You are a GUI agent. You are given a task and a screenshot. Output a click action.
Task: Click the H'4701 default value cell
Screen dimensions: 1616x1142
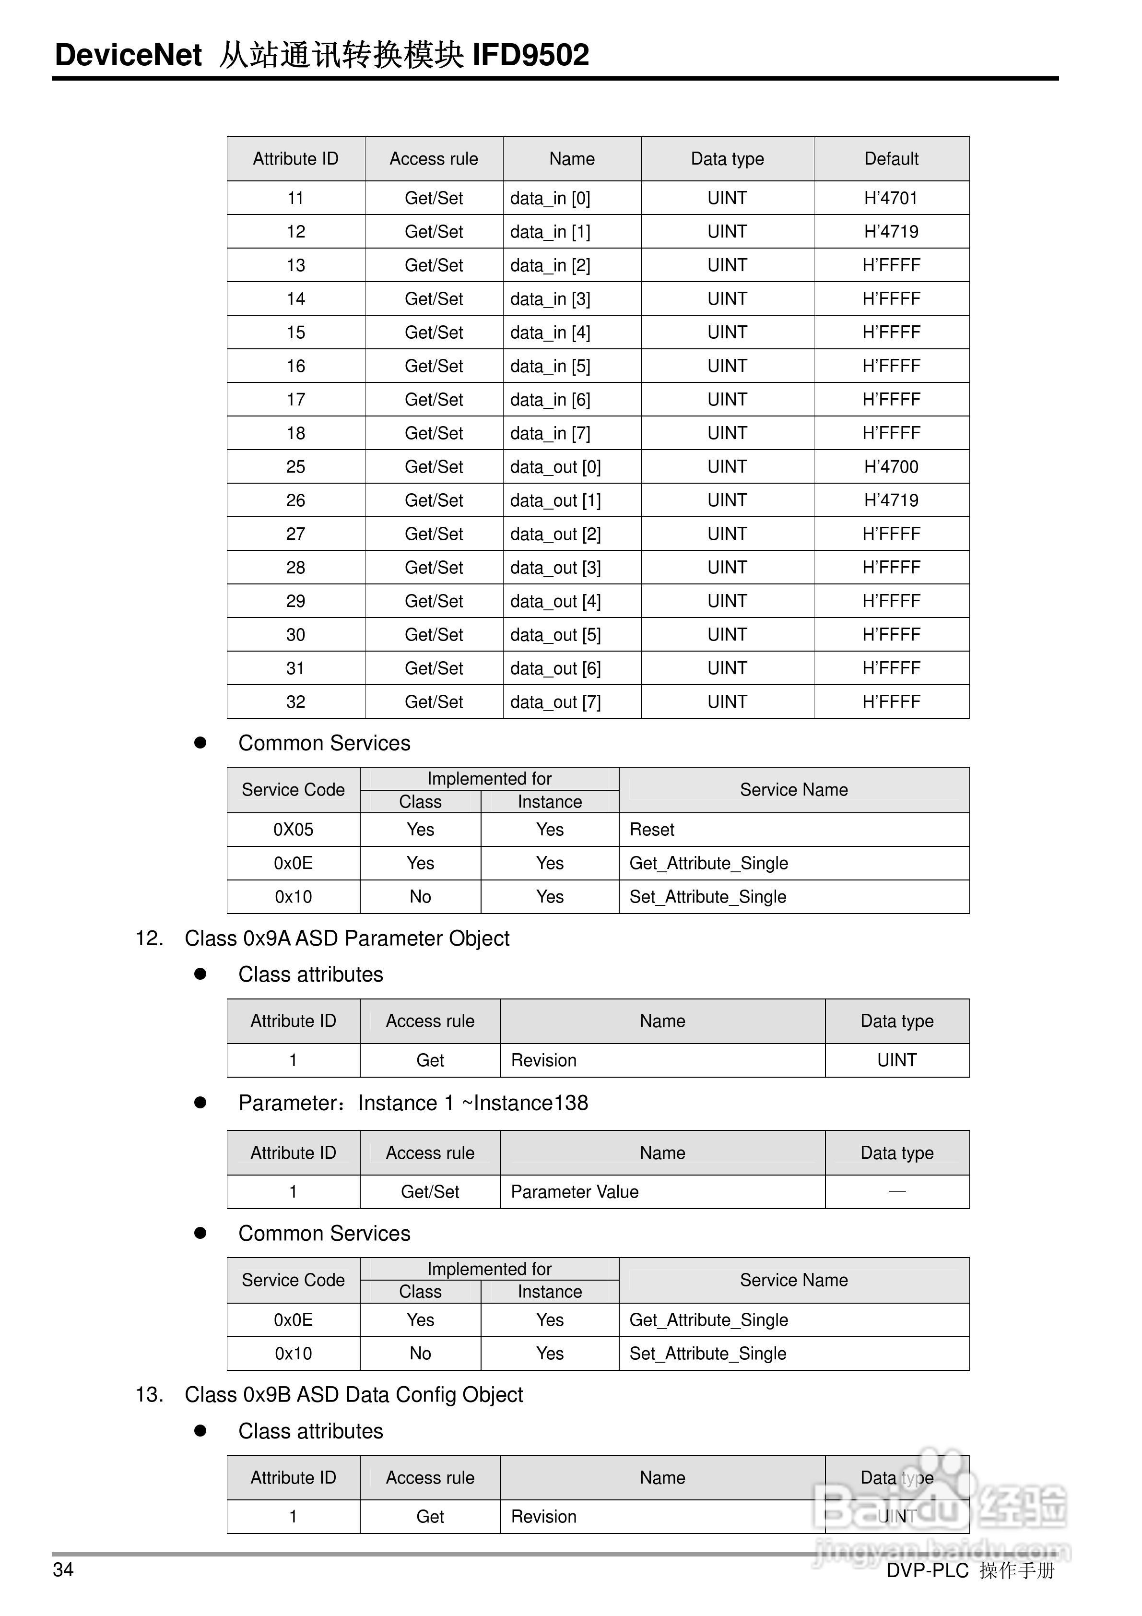(x=891, y=198)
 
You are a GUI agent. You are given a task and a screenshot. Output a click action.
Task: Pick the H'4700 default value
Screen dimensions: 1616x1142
(x=891, y=467)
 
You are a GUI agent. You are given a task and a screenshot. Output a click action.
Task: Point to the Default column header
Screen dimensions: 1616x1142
(x=891, y=159)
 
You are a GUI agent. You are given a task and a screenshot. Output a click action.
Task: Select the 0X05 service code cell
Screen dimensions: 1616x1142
(x=294, y=830)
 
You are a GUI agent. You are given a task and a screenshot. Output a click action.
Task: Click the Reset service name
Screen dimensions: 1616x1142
(x=651, y=830)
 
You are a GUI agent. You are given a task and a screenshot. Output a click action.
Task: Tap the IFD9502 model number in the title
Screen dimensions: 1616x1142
(x=530, y=55)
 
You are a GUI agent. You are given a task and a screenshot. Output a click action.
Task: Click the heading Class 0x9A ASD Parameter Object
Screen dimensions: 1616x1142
(x=347, y=938)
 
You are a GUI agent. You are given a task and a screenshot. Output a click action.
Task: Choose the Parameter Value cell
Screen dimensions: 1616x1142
(x=574, y=1191)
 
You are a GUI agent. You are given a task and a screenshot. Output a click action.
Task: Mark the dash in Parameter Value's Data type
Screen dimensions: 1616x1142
(x=896, y=1191)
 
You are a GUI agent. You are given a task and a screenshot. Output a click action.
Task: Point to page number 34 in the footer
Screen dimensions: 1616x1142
(x=63, y=1569)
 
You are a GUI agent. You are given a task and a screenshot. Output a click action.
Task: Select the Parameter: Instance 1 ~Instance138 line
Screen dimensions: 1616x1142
(x=413, y=1103)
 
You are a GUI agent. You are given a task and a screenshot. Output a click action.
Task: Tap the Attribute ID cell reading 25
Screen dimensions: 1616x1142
(x=295, y=467)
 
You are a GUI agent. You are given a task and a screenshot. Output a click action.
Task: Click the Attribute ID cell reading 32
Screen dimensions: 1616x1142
(x=295, y=701)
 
